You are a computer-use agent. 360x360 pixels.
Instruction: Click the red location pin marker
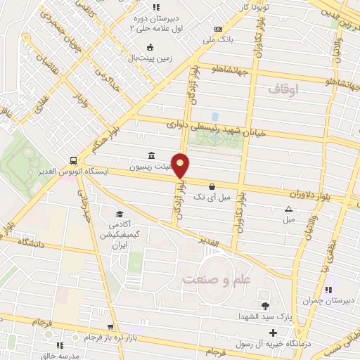181,165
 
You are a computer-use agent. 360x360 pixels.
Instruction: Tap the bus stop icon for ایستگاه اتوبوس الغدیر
73,160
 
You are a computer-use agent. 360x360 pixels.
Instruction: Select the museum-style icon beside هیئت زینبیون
152,155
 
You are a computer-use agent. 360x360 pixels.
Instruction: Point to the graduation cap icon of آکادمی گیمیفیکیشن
120,214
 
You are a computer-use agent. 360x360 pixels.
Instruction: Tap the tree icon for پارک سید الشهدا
264,305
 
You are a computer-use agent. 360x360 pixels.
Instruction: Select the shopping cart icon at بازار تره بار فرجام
110,327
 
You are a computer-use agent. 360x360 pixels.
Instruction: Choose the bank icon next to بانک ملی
218,28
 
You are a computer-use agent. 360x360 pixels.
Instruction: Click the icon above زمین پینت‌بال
150,48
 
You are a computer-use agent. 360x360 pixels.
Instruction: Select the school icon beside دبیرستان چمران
328,289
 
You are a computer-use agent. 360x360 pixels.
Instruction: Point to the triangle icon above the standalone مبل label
288,208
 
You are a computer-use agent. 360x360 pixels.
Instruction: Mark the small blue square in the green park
215,115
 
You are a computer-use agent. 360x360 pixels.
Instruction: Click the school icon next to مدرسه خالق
60,345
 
